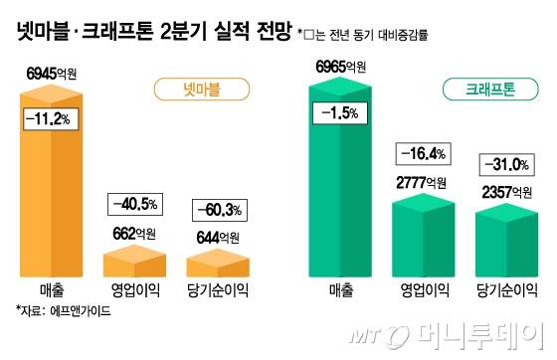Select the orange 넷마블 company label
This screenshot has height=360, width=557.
pyautogui.click(x=199, y=90)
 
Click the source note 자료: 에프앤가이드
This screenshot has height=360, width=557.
pyautogui.click(x=63, y=310)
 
